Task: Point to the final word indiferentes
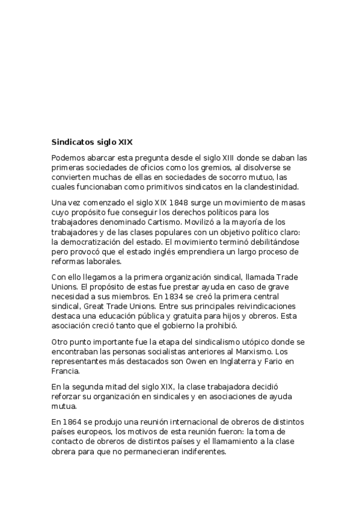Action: coord(198,452)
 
